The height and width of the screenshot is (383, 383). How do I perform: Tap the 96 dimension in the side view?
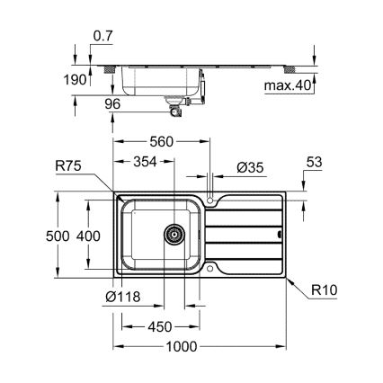pyautogui.click(x=112, y=105)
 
